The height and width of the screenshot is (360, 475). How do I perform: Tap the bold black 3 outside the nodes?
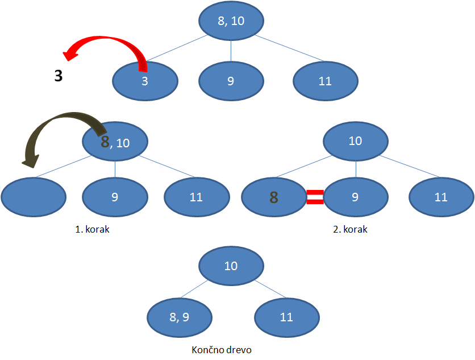tap(59, 76)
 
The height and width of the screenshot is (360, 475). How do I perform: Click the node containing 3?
tap(145, 81)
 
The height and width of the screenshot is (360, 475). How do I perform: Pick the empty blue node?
tap(34, 197)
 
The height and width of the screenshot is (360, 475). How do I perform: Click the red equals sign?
tap(315, 197)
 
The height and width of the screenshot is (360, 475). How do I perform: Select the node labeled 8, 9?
tap(179, 317)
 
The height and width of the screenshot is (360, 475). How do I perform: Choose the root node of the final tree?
tap(231, 266)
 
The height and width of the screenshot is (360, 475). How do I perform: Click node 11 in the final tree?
tap(286, 317)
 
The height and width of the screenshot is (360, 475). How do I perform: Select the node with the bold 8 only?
tap(274, 197)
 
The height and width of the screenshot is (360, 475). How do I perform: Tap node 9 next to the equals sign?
tap(356, 197)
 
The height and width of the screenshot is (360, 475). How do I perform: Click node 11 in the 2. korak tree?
tap(441, 197)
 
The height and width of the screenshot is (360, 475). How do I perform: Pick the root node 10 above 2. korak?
tap(356, 140)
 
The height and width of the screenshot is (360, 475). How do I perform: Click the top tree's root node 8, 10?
tap(231, 22)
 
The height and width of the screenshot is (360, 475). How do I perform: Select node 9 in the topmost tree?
tap(231, 81)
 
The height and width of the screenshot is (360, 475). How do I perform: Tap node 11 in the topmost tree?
tap(325, 81)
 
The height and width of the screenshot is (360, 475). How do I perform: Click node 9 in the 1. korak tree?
tap(115, 197)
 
